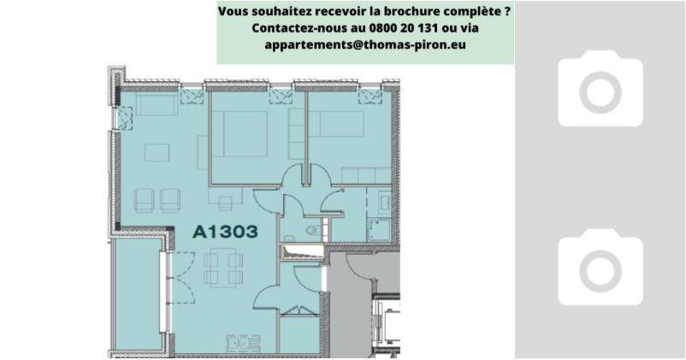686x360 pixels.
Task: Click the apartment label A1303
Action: (x=225, y=232)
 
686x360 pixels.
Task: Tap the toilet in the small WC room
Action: (x=313, y=230)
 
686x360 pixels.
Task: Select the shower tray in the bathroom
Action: (x=379, y=230)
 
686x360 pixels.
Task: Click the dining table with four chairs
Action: (x=223, y=268)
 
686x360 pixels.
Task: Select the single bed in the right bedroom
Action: (x=336, y=124)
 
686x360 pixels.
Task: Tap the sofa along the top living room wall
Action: (x=157, y=103)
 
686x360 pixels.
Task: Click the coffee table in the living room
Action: (x=157, y=153)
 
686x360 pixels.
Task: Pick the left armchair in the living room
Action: (x=144, y=200)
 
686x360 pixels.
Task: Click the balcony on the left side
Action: (x=138, y=294)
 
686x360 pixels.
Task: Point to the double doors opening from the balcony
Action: (x=182, y=278)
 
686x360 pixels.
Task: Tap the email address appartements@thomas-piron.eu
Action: (x=365, y=44)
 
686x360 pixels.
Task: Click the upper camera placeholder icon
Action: (x=600, y=88)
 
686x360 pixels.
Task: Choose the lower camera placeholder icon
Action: (x=600, y=267)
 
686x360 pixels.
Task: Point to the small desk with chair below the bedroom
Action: (x=225, y=199)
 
